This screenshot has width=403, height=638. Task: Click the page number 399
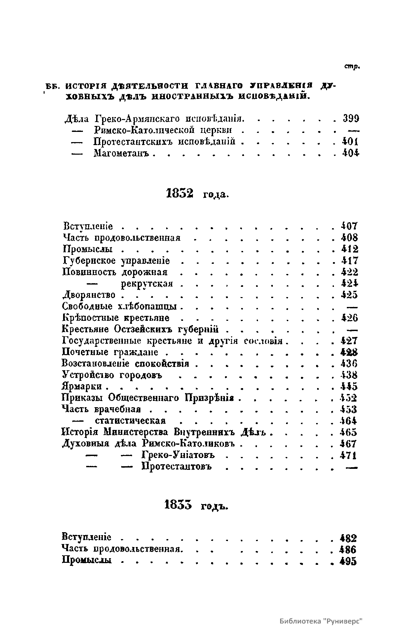coord(351,118)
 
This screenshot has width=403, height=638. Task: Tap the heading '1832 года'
coord(197,194)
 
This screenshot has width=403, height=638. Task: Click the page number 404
coord(350,153)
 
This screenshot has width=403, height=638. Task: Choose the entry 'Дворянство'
coord(89,295)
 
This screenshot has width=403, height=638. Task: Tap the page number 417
coord(349,261)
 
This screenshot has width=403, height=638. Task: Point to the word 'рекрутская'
coord(147,284)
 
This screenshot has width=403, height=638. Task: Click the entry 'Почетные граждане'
coord(110,352)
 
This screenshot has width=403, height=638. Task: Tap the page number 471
coord(348,455)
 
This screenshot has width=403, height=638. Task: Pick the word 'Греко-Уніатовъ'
coord(178,455)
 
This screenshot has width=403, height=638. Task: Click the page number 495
coord(348,562)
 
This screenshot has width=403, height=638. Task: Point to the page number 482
coord(348,538)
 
